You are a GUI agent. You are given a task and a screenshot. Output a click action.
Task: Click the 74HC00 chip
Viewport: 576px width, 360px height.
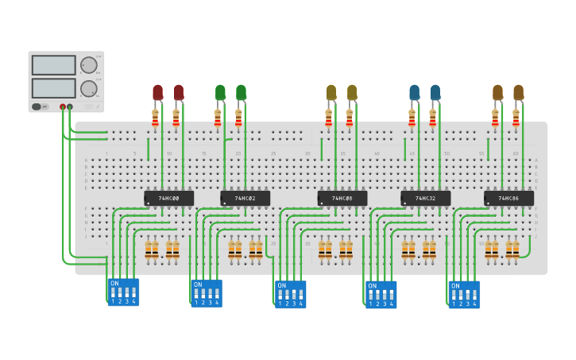click(x=168, y=198)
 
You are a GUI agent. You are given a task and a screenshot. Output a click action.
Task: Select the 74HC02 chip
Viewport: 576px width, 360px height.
click(x=245, y=198)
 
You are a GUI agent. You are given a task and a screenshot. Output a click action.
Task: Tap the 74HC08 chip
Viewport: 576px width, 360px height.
click(x=342, y=198)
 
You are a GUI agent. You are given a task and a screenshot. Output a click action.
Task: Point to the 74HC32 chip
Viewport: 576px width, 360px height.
click(x=425, y=198)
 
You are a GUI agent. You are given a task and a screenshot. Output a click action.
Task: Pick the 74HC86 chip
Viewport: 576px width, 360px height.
click(x=508, y=198)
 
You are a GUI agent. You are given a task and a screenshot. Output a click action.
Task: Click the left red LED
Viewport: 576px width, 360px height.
click(x=157, y=93)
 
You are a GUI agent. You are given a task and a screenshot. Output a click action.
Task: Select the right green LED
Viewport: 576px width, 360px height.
click(x=241, y=93)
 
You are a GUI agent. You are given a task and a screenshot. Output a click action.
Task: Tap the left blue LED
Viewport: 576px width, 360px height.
click(x=414, y=93)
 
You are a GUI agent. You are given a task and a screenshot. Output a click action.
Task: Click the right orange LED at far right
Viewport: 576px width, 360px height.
click(x=518, y=93)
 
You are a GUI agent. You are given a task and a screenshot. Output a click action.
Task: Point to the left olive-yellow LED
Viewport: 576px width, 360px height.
click(x=331, y=93)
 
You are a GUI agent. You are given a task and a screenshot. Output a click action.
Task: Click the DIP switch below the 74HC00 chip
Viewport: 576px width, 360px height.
click(x=123, y=292)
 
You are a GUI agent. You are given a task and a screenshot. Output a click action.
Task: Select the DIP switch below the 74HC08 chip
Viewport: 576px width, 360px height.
click(x=290, y=293)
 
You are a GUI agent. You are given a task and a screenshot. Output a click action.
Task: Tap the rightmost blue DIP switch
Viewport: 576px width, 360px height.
click(x=464, y=293)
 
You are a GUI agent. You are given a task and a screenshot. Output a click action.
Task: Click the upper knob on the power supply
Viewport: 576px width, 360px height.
click(x=88, y=65)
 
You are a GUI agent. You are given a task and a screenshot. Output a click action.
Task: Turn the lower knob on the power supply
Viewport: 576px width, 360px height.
click(x=88, y=87)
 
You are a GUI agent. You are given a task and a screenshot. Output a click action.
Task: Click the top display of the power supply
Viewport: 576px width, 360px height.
click(x=54, y=65)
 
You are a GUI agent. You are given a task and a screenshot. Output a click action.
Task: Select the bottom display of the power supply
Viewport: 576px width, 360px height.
click(x=54, y=87)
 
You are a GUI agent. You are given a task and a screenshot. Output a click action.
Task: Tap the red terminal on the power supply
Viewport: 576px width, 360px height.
click(x=63, y=106)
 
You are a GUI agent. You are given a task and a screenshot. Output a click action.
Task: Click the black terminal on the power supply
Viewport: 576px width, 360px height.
click(x=70, y=106)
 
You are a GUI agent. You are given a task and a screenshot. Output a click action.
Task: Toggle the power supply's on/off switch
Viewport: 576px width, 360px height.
click(x=37, y=106)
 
